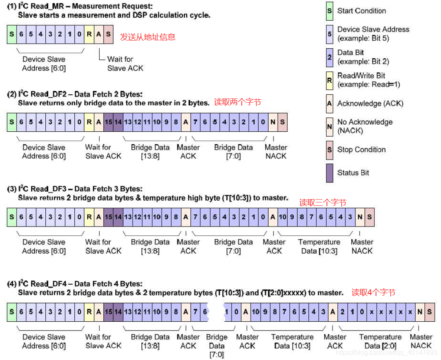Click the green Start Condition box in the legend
click(x=329, y=11)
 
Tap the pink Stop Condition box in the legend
click(x=329, y=150)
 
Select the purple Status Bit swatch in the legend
click(x=329, y=173)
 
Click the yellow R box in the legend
click(x=329, y=80)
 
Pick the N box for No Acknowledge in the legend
click(x=329, y=126)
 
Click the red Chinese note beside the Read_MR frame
click(x=148, y=37)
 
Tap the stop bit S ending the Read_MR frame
click(x=108, y=34)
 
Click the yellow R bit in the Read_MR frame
click(x=89, y=34)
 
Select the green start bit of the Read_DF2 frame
click(x=12, y=122)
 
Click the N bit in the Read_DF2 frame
click(x=273, y=122)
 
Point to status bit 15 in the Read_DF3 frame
click(x=108, y=217)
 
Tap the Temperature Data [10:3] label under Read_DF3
click(x=319, y=247)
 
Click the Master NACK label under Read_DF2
click(x=276, y=152)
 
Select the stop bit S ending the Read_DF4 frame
click(x=429, y=312)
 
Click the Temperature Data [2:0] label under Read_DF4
click(x=380, y=341)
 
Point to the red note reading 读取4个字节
click(x=373, y=293)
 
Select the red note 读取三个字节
click(x=323, y=203)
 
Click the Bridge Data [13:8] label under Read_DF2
click(x=150, y=152)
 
